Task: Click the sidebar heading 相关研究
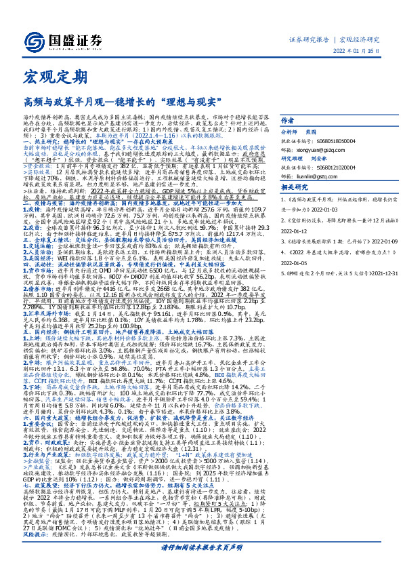click(295, 187)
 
